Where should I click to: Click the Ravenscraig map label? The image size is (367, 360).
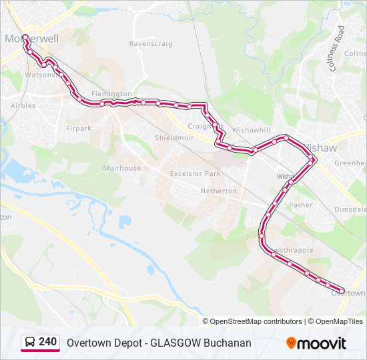(151, 44)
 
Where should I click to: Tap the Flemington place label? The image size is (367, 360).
(111, 94)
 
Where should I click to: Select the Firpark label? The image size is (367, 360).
(79, 127)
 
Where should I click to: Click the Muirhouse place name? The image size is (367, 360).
(122, 168)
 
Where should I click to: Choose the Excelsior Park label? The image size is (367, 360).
(195, 174)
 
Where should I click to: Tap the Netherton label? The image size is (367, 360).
(218, 191)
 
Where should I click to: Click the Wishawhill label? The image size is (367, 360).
(252, 131)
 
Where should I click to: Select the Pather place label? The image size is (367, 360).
(301, 205)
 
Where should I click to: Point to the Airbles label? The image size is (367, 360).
(23, 105)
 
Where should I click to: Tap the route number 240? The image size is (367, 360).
(47, 342)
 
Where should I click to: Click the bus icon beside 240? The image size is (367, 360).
(30, 343)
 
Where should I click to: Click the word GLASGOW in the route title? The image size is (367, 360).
(175, 343)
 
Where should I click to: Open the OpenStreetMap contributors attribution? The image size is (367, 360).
(256, 321)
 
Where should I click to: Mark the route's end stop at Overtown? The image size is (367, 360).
(342, 291)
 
